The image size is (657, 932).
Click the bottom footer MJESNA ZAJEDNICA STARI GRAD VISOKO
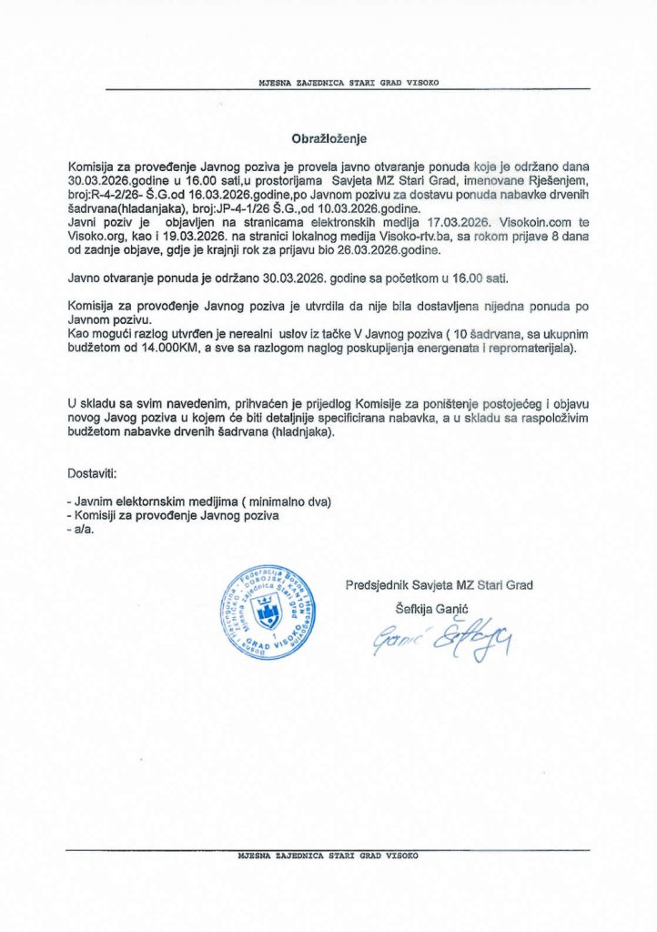pyautogui.click(x=328, y=856)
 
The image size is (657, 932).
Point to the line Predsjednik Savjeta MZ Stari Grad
pyautogui.click(x=440, y=584)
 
